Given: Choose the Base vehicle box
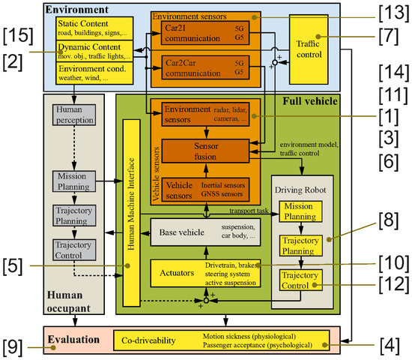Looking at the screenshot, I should click(x=205, y=233).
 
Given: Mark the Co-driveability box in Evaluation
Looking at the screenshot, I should click(x=222, y=341).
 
